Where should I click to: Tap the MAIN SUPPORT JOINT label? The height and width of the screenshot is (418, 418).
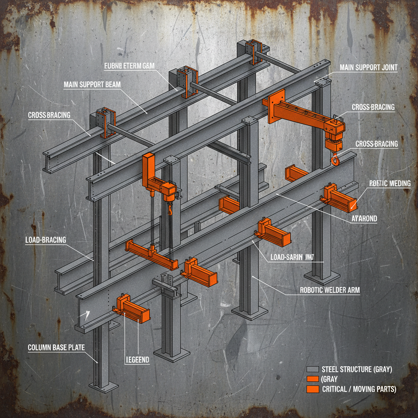pyautogui.click(x=368, y=68)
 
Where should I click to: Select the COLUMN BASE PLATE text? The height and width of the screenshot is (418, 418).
pyautogui.click(x=56, y=348)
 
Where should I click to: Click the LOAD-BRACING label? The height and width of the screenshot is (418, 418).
pyautogui.click(x=45, y=240)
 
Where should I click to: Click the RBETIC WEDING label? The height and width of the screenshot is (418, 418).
pyautogui.click(x=390, y=184)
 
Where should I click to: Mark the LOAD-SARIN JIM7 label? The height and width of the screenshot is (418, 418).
pyautogui.click(x=293, y=258)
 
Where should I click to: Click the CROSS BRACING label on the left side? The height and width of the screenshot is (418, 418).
pyautogui.click(x=49, y=115)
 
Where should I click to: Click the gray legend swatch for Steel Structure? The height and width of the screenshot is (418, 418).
pyautogui.click(x=312, y=370)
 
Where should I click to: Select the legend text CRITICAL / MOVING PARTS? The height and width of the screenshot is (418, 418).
pyautogui.click(x=359, y=389)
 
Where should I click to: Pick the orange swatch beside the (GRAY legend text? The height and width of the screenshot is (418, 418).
pyautogui.click(x=312, y=379)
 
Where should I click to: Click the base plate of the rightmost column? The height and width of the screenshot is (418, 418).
pyautogui.click(x=322, y=278)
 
